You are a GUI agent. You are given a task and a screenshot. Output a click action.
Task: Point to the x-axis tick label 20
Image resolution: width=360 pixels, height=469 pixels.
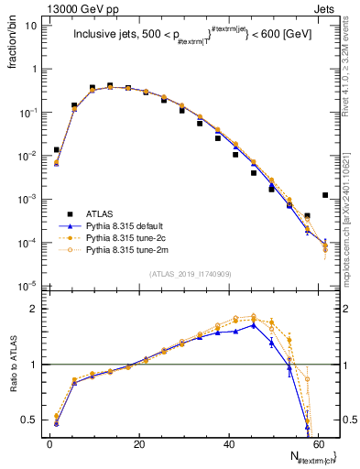point(138,443)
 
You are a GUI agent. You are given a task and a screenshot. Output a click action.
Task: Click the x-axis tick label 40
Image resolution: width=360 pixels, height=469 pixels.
point(228,443)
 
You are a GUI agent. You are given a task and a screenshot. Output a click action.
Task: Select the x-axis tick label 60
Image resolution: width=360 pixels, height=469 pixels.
point(318,443)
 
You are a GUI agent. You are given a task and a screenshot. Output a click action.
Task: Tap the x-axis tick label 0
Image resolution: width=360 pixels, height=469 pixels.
point(49,443)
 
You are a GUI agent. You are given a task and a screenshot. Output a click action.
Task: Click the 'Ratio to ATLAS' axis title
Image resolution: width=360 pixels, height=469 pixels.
point(13,365)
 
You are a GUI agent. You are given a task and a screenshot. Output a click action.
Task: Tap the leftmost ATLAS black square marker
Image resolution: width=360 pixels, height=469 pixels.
point(57,149)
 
